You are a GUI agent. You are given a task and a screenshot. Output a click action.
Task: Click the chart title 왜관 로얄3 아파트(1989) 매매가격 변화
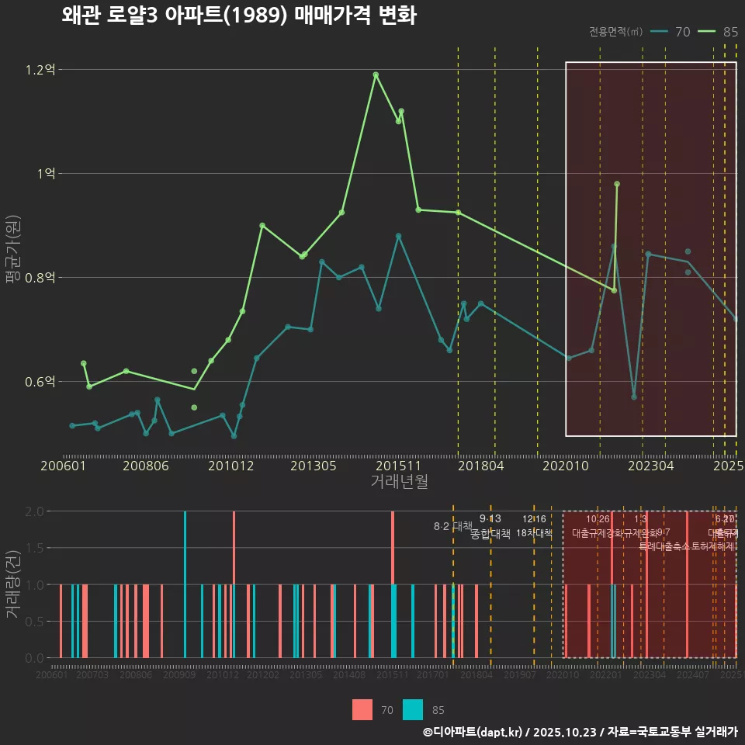[x=239, y=16]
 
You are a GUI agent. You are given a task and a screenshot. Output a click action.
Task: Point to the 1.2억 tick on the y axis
[x=40, y=70]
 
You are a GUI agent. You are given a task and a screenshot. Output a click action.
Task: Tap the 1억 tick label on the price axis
[x=46, y=174]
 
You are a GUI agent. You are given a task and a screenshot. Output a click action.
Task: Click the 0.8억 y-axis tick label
[x=40, y=278]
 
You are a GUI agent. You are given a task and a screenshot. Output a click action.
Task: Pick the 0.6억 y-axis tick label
[x=40, y=382]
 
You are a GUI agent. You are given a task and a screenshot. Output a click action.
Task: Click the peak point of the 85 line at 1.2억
[x=376, y=74]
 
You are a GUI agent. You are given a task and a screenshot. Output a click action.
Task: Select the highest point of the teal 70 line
[x=398, y=236]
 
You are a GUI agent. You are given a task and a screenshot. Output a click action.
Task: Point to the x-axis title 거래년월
[x=399, y=482]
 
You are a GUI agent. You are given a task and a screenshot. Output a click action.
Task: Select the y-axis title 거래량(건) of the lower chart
[x=12, y=584]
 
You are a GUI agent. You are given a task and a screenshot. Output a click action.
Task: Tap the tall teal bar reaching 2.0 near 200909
[x=185, y=584]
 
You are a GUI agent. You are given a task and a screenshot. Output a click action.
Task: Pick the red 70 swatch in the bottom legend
[x=362, y=709]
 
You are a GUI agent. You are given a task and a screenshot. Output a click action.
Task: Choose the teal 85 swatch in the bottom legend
[x=414, y=709]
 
